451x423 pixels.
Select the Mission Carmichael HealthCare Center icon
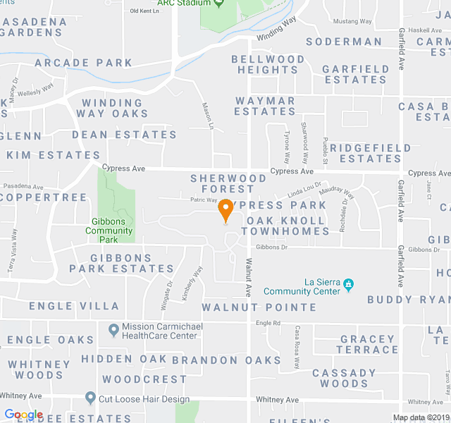pyautogui.click(x=113, y=329)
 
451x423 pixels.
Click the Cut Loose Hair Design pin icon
pyautogui.click(x=90, y=398)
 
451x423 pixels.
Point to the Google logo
pyautogui.click(x=23, y=415)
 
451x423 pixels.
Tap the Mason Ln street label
pyautogui.click(x=208, y=116)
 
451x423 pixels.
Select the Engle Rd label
pyautogui.click(x=268, y=323)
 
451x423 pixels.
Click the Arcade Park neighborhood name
pyautogui.click(x=83, y=63)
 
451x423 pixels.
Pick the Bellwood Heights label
pyautogui.click(x=268, y=65)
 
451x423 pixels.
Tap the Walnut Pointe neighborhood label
pyautogui.click(x=259, y=307)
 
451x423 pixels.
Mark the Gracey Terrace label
pyautogui.click(x=368, y=344)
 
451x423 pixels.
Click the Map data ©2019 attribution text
pyautogui.click(x=420, y=417)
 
